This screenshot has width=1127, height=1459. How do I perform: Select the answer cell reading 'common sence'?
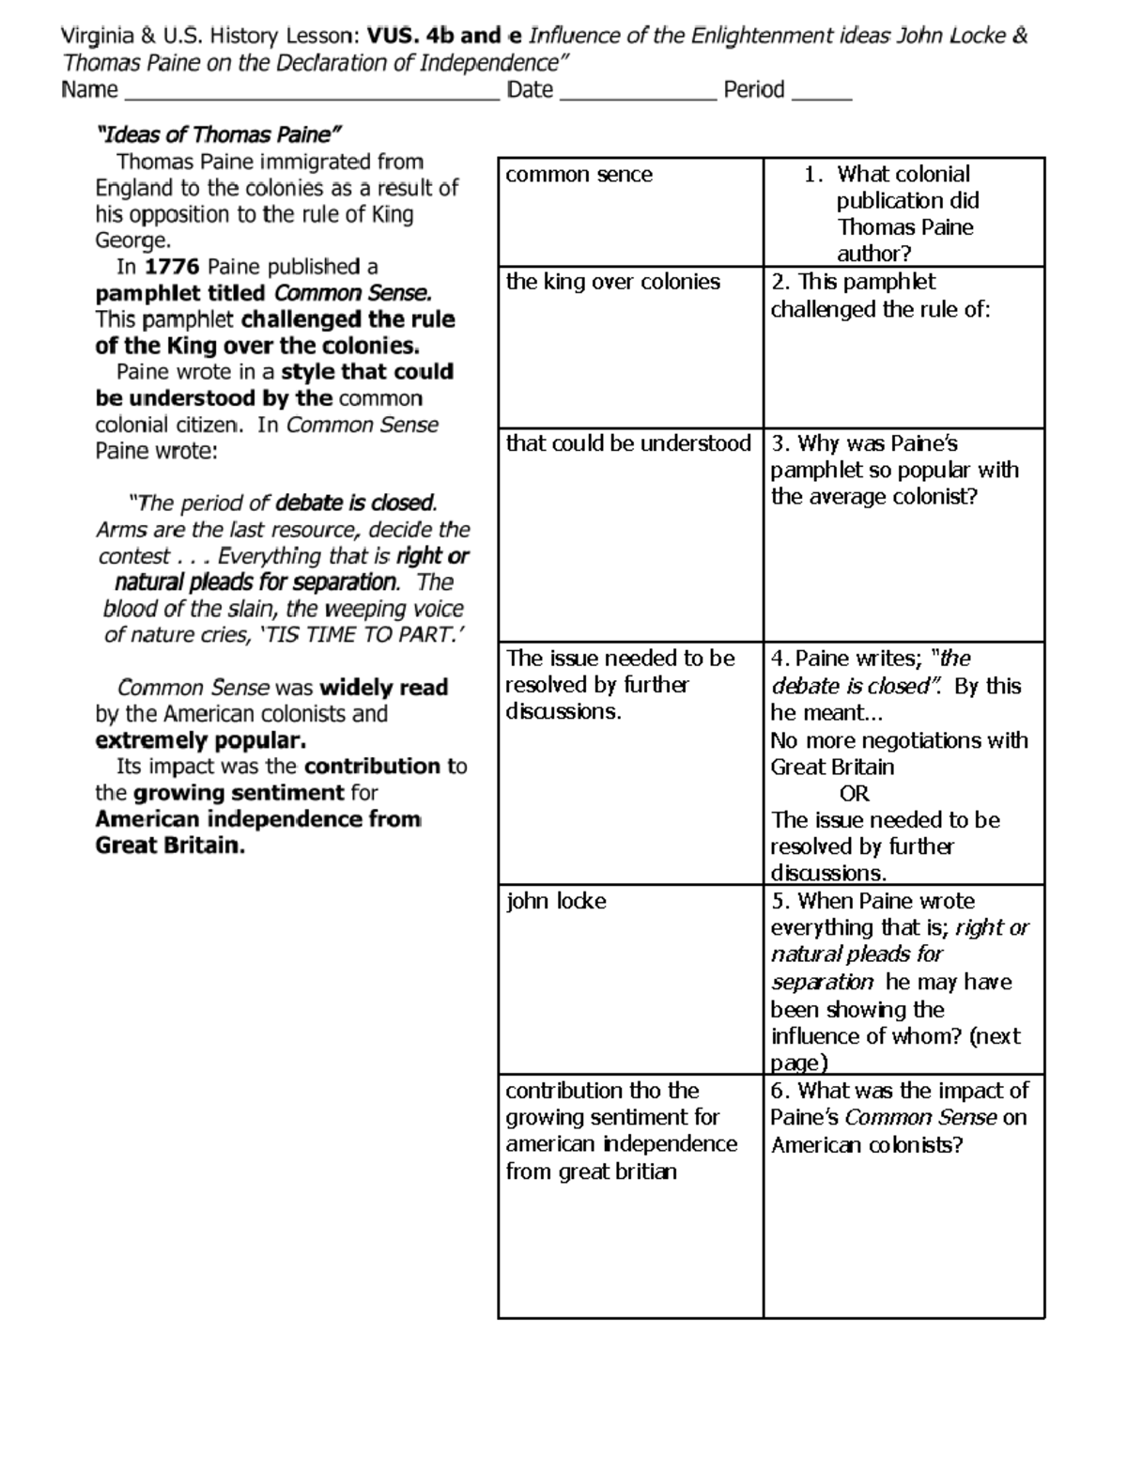coord(579,175)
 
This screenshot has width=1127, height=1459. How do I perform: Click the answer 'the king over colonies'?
coord(612,282)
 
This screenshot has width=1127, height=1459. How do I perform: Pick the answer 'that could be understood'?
coord(628,443)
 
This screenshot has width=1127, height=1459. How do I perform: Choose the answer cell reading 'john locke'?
coord(556,901)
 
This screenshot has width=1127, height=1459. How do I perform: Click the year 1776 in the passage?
coord(172,267)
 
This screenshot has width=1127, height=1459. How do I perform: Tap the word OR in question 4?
coord(854,794)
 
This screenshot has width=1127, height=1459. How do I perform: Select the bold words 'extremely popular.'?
coord(200,740)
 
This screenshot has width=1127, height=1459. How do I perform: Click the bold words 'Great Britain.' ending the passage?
coord(170,846)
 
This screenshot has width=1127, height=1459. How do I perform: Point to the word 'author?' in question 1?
coord(873,254)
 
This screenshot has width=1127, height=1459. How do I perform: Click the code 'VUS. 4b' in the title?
coord(409,37)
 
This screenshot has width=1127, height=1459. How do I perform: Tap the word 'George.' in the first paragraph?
coord(133,241)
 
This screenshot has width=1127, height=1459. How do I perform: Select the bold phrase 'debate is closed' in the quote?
coord(354,504)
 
